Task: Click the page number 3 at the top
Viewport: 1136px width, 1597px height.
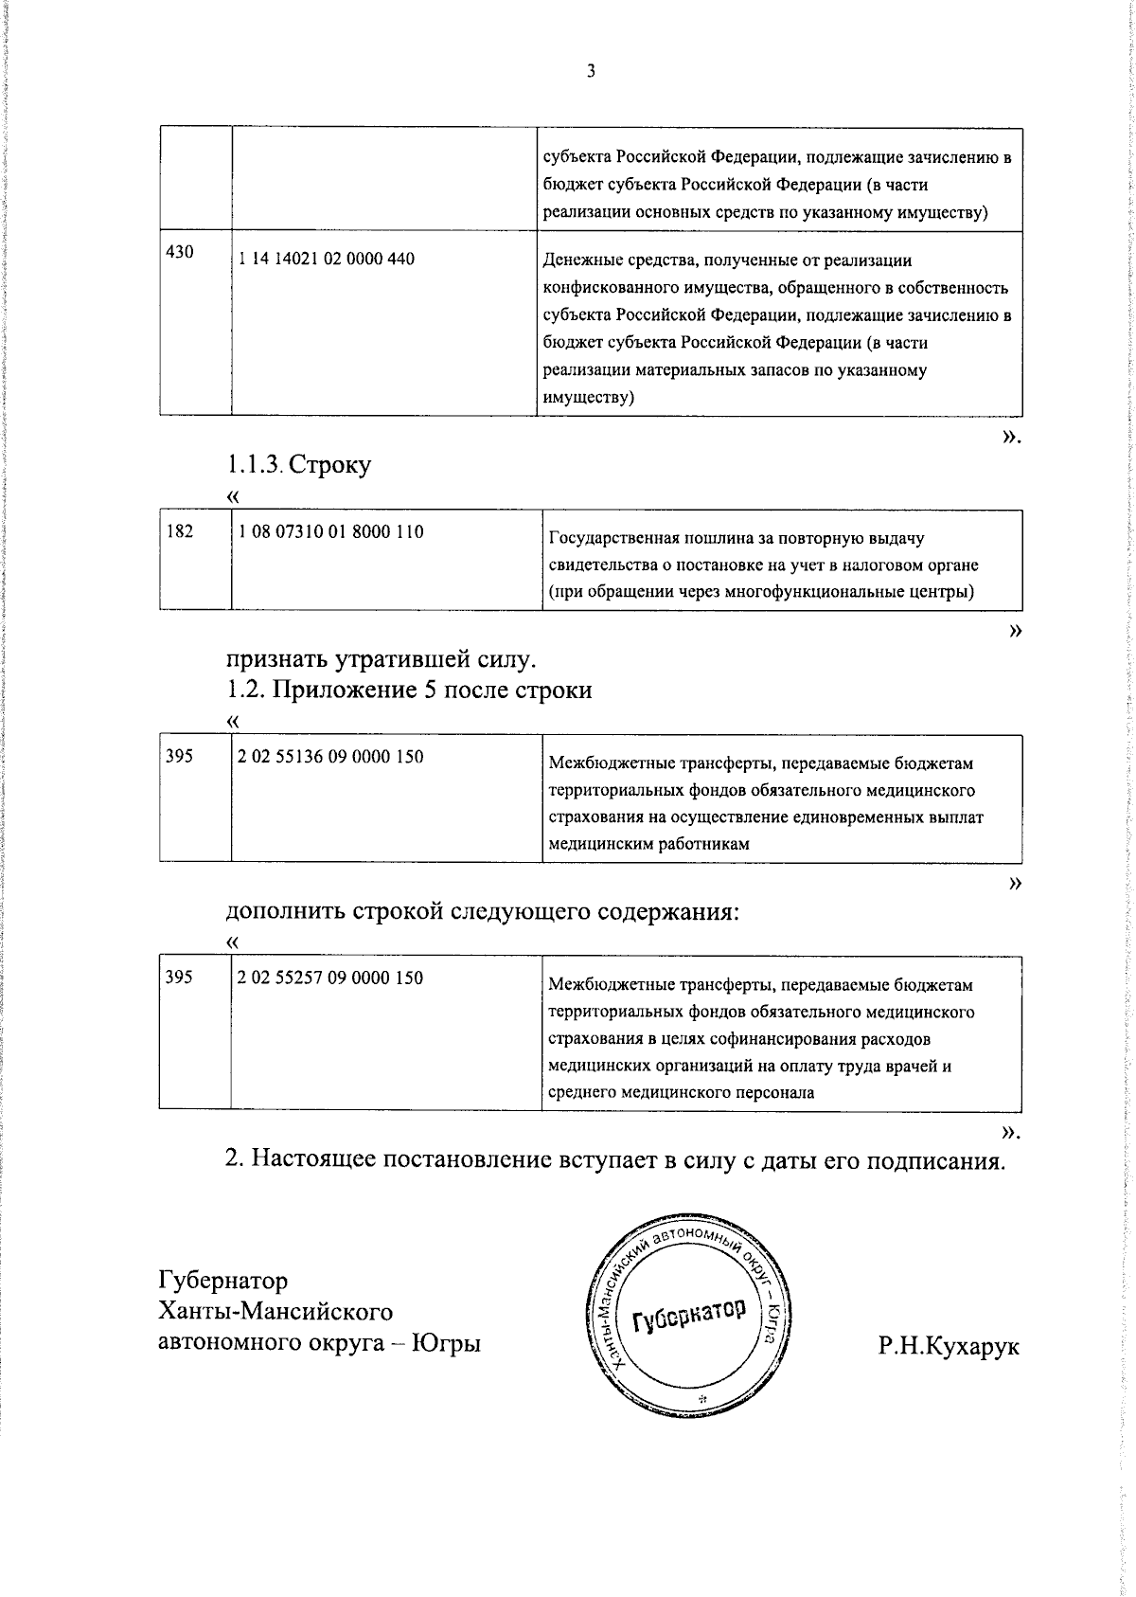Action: pos(591,70)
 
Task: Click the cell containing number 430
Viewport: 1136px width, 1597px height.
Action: pos(180,252)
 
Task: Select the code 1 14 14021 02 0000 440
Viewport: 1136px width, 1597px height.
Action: pos(327,259)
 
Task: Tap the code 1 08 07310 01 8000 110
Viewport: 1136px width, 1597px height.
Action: pos(330,531)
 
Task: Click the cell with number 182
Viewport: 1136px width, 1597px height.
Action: pos(180,531)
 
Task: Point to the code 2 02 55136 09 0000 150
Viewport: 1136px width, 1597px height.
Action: pos(330,756)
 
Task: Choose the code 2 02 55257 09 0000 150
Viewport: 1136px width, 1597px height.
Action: pos(330,978)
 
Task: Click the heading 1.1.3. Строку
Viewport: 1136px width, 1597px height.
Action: pos(298,464)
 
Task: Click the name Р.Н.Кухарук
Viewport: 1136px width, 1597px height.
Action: pos(949,1346)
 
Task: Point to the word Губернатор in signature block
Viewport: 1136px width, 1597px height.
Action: pos(222,1281)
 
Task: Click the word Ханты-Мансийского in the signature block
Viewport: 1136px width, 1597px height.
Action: pos(275,1312)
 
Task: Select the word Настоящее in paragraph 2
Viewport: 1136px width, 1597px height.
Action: pos(315,1159)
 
